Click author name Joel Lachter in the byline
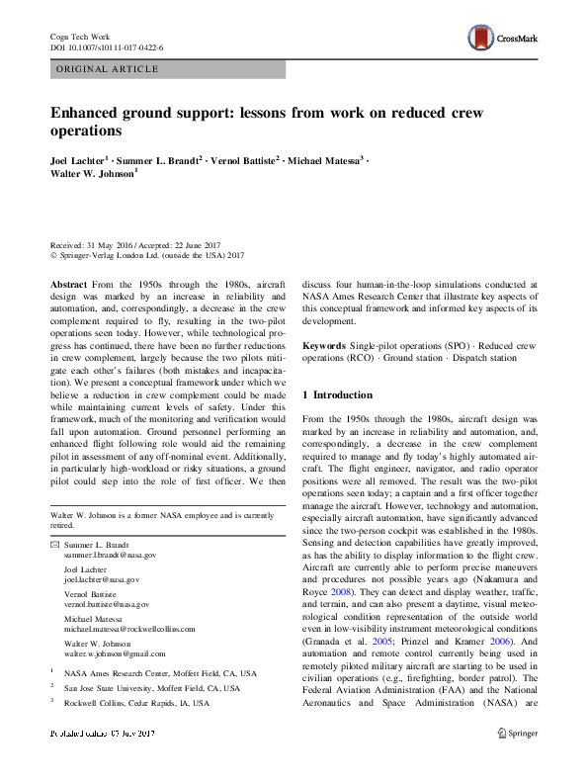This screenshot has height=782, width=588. pos(78,158)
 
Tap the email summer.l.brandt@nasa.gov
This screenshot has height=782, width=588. pos(110,557)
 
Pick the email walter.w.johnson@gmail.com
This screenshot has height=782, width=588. pos(115,652)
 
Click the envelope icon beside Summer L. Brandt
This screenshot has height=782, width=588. pos(54,546)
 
